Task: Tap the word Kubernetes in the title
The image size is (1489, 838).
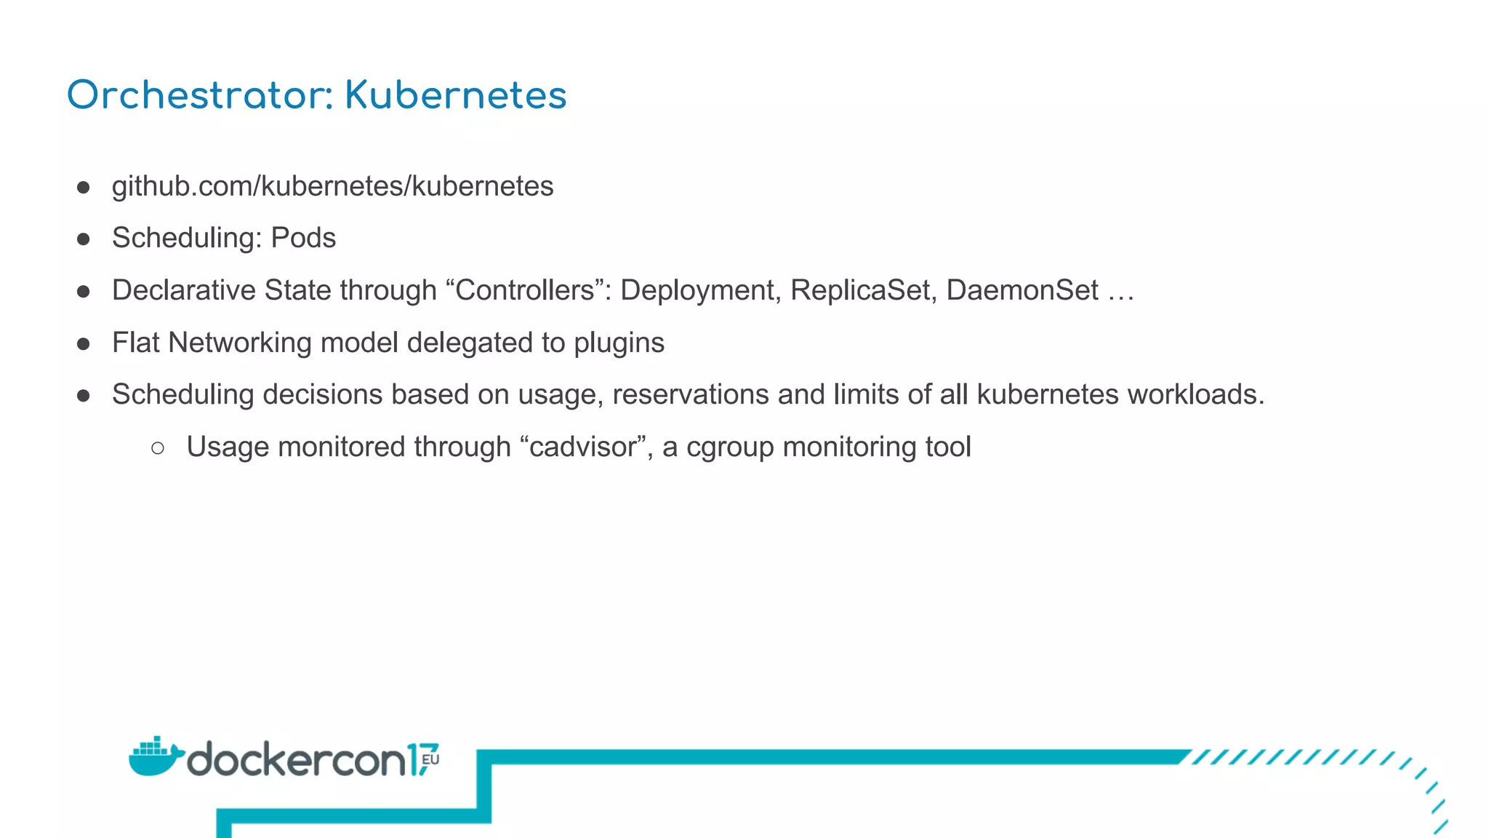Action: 455,95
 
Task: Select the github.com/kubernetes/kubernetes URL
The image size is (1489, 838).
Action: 332,186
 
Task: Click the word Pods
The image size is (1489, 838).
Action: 303,238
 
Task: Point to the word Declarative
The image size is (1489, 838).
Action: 184,290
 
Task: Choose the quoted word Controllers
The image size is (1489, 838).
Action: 525,290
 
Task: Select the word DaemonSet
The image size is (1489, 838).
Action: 1022,290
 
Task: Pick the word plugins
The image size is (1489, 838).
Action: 619,343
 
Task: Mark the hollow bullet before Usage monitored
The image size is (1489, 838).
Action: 158,448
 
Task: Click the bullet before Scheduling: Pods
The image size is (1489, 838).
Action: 84,239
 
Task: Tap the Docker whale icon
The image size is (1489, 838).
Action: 155,757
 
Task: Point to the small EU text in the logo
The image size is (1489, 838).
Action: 430,759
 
